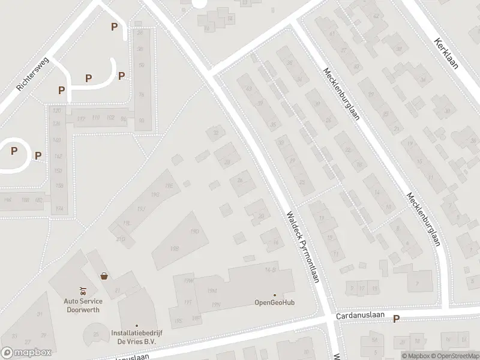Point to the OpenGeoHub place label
pyautogui.click(x=275, y=302)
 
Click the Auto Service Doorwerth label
pyautogui.click(x=83, y=305)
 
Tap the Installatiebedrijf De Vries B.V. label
pyautogui.click(x=137, y=337)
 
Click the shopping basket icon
pyautogui.click(x=104, y=277)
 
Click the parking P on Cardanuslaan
pyautogui.click(x=396, y=319)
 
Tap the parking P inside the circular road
pyautogui.click(x=14, y=151)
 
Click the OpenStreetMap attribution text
pyautogui.click(x=454, y=356)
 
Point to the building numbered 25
pyautogui.click(x=96, y=334)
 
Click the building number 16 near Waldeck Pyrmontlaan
pyautogui.click(x=275, y=242)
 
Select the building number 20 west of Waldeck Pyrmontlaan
pyautogui.click(x=261, y=217)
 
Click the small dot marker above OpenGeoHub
pyautogui.click(x=275, y=295)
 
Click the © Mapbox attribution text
pyautogui.click(x=415, y=356)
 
